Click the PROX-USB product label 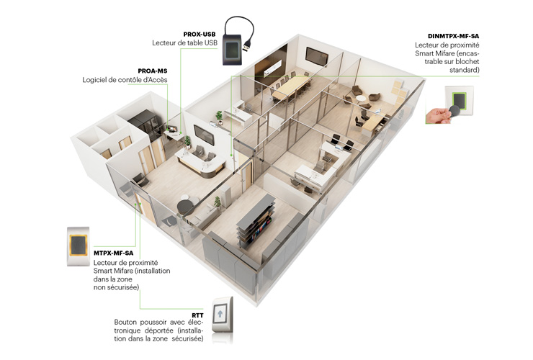pyautogui.click(x=200, y=35)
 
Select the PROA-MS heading pyautogui.click(x=153, y=71)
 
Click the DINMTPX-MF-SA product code pyautogui.click(x=454, y=36)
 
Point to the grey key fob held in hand pyautogui.click(x=455, y=111)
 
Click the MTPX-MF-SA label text pyautogui.click(x=114, y=253)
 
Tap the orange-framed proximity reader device pyautogui.click(x=79, y=246)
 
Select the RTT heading pyautogui.click(x=197, y=316)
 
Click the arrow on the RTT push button pyautogui.click(x=220, y=314)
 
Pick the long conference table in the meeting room pyautogui.click(x=291, y=86)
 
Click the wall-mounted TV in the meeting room pyautogui.click(x=316, y=55)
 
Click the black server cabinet pyautogui.click(x=145, y=124)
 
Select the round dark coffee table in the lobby pyautogui.click(x=185, y=206)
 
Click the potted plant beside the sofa pyautogui.click(x=217, y=202)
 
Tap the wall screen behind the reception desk pyautogui.click(x=204, y=135)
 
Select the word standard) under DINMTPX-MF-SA pyautogui.click(x=464, y=70)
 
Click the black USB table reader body pyautogui.click(x=232, y=50)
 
